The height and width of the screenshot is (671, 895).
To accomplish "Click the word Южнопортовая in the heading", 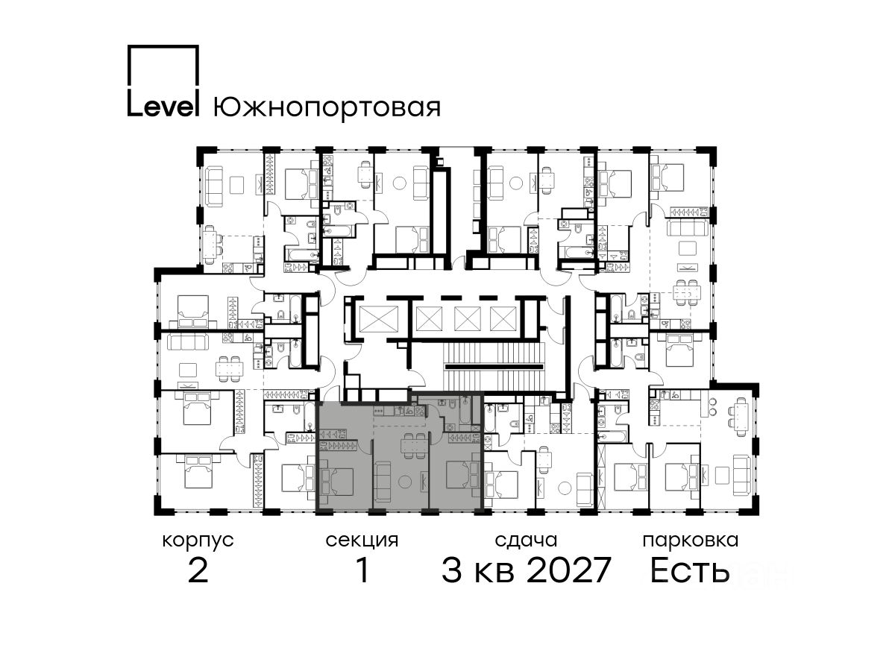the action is (x=327, y=107).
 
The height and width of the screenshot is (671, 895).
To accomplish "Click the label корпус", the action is (x=198, y=541).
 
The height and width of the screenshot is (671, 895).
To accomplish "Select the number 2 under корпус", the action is (x=198, y=570).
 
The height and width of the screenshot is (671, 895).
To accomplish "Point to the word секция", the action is (x=362, y=541).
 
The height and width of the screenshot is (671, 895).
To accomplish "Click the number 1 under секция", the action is (x=362, y=570).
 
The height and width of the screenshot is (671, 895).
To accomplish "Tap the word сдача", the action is (x=526, y=541).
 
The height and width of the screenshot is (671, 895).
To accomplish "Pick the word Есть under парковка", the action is (x=689, y=570).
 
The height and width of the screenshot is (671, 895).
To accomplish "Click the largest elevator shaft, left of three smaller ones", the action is (x=378, y=318).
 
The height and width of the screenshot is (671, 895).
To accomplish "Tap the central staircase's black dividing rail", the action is (x=495, y=367).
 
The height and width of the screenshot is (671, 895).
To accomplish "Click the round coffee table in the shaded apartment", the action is (x=405, y=481).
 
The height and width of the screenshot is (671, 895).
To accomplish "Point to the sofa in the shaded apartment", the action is (x=383, y=481).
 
